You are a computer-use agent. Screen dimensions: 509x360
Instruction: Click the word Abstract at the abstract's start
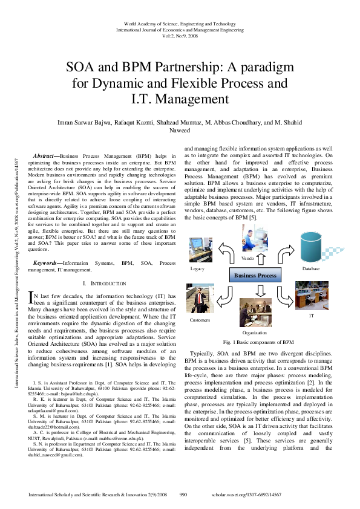(x=44, y=155)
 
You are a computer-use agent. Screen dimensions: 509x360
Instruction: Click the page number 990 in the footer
(x=185, y=494)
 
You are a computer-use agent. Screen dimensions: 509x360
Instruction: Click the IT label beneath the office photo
(x=312, y=316)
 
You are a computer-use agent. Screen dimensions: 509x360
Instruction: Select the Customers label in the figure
(x=200, y=319)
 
